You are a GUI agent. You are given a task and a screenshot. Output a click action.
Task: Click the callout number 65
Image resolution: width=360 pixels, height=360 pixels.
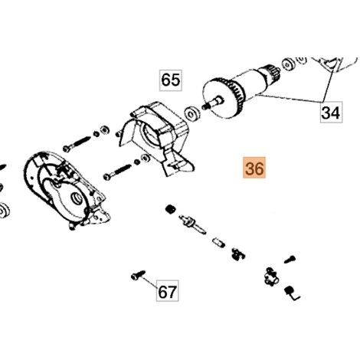coord(171,80)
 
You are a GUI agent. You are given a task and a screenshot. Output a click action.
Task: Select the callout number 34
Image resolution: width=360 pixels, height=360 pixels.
coord(331,113)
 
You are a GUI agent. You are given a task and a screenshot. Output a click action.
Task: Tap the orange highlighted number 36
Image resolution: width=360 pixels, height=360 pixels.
coord(254,168)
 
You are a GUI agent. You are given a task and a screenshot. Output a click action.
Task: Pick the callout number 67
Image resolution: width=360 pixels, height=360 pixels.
coord(167,291)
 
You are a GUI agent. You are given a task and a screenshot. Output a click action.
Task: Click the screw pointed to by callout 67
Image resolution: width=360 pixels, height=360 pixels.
coord(138,275)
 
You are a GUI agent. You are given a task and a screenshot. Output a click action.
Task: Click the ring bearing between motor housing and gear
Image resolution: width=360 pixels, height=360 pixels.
coord(192,113)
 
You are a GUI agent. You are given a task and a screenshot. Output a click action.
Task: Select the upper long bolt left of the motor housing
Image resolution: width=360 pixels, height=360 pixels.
coord(77,144)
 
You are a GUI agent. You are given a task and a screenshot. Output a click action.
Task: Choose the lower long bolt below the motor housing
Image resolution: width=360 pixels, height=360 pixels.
coord(117,172)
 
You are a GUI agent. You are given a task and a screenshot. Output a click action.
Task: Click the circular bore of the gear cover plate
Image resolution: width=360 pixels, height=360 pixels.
coord(77,198)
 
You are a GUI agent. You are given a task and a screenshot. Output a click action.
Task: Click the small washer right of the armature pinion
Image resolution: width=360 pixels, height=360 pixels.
coord(289,65)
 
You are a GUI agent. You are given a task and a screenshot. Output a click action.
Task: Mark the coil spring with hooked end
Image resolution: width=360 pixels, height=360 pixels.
coord(292,293)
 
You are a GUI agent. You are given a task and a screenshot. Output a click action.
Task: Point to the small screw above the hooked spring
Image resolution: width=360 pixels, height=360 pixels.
coord(290,259)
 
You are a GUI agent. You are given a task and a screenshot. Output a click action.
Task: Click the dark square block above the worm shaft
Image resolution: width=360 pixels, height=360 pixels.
coord(170,209)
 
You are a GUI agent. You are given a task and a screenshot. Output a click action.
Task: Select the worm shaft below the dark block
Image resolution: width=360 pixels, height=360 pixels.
coord(192,224)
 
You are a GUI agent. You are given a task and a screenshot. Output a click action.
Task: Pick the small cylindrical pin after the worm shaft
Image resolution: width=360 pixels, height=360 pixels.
coord(219,242)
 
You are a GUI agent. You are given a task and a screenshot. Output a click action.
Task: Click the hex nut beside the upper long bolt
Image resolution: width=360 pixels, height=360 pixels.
coord(103,130)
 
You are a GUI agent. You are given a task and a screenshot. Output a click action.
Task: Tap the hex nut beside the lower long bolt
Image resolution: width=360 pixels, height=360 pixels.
coord(146,158)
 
